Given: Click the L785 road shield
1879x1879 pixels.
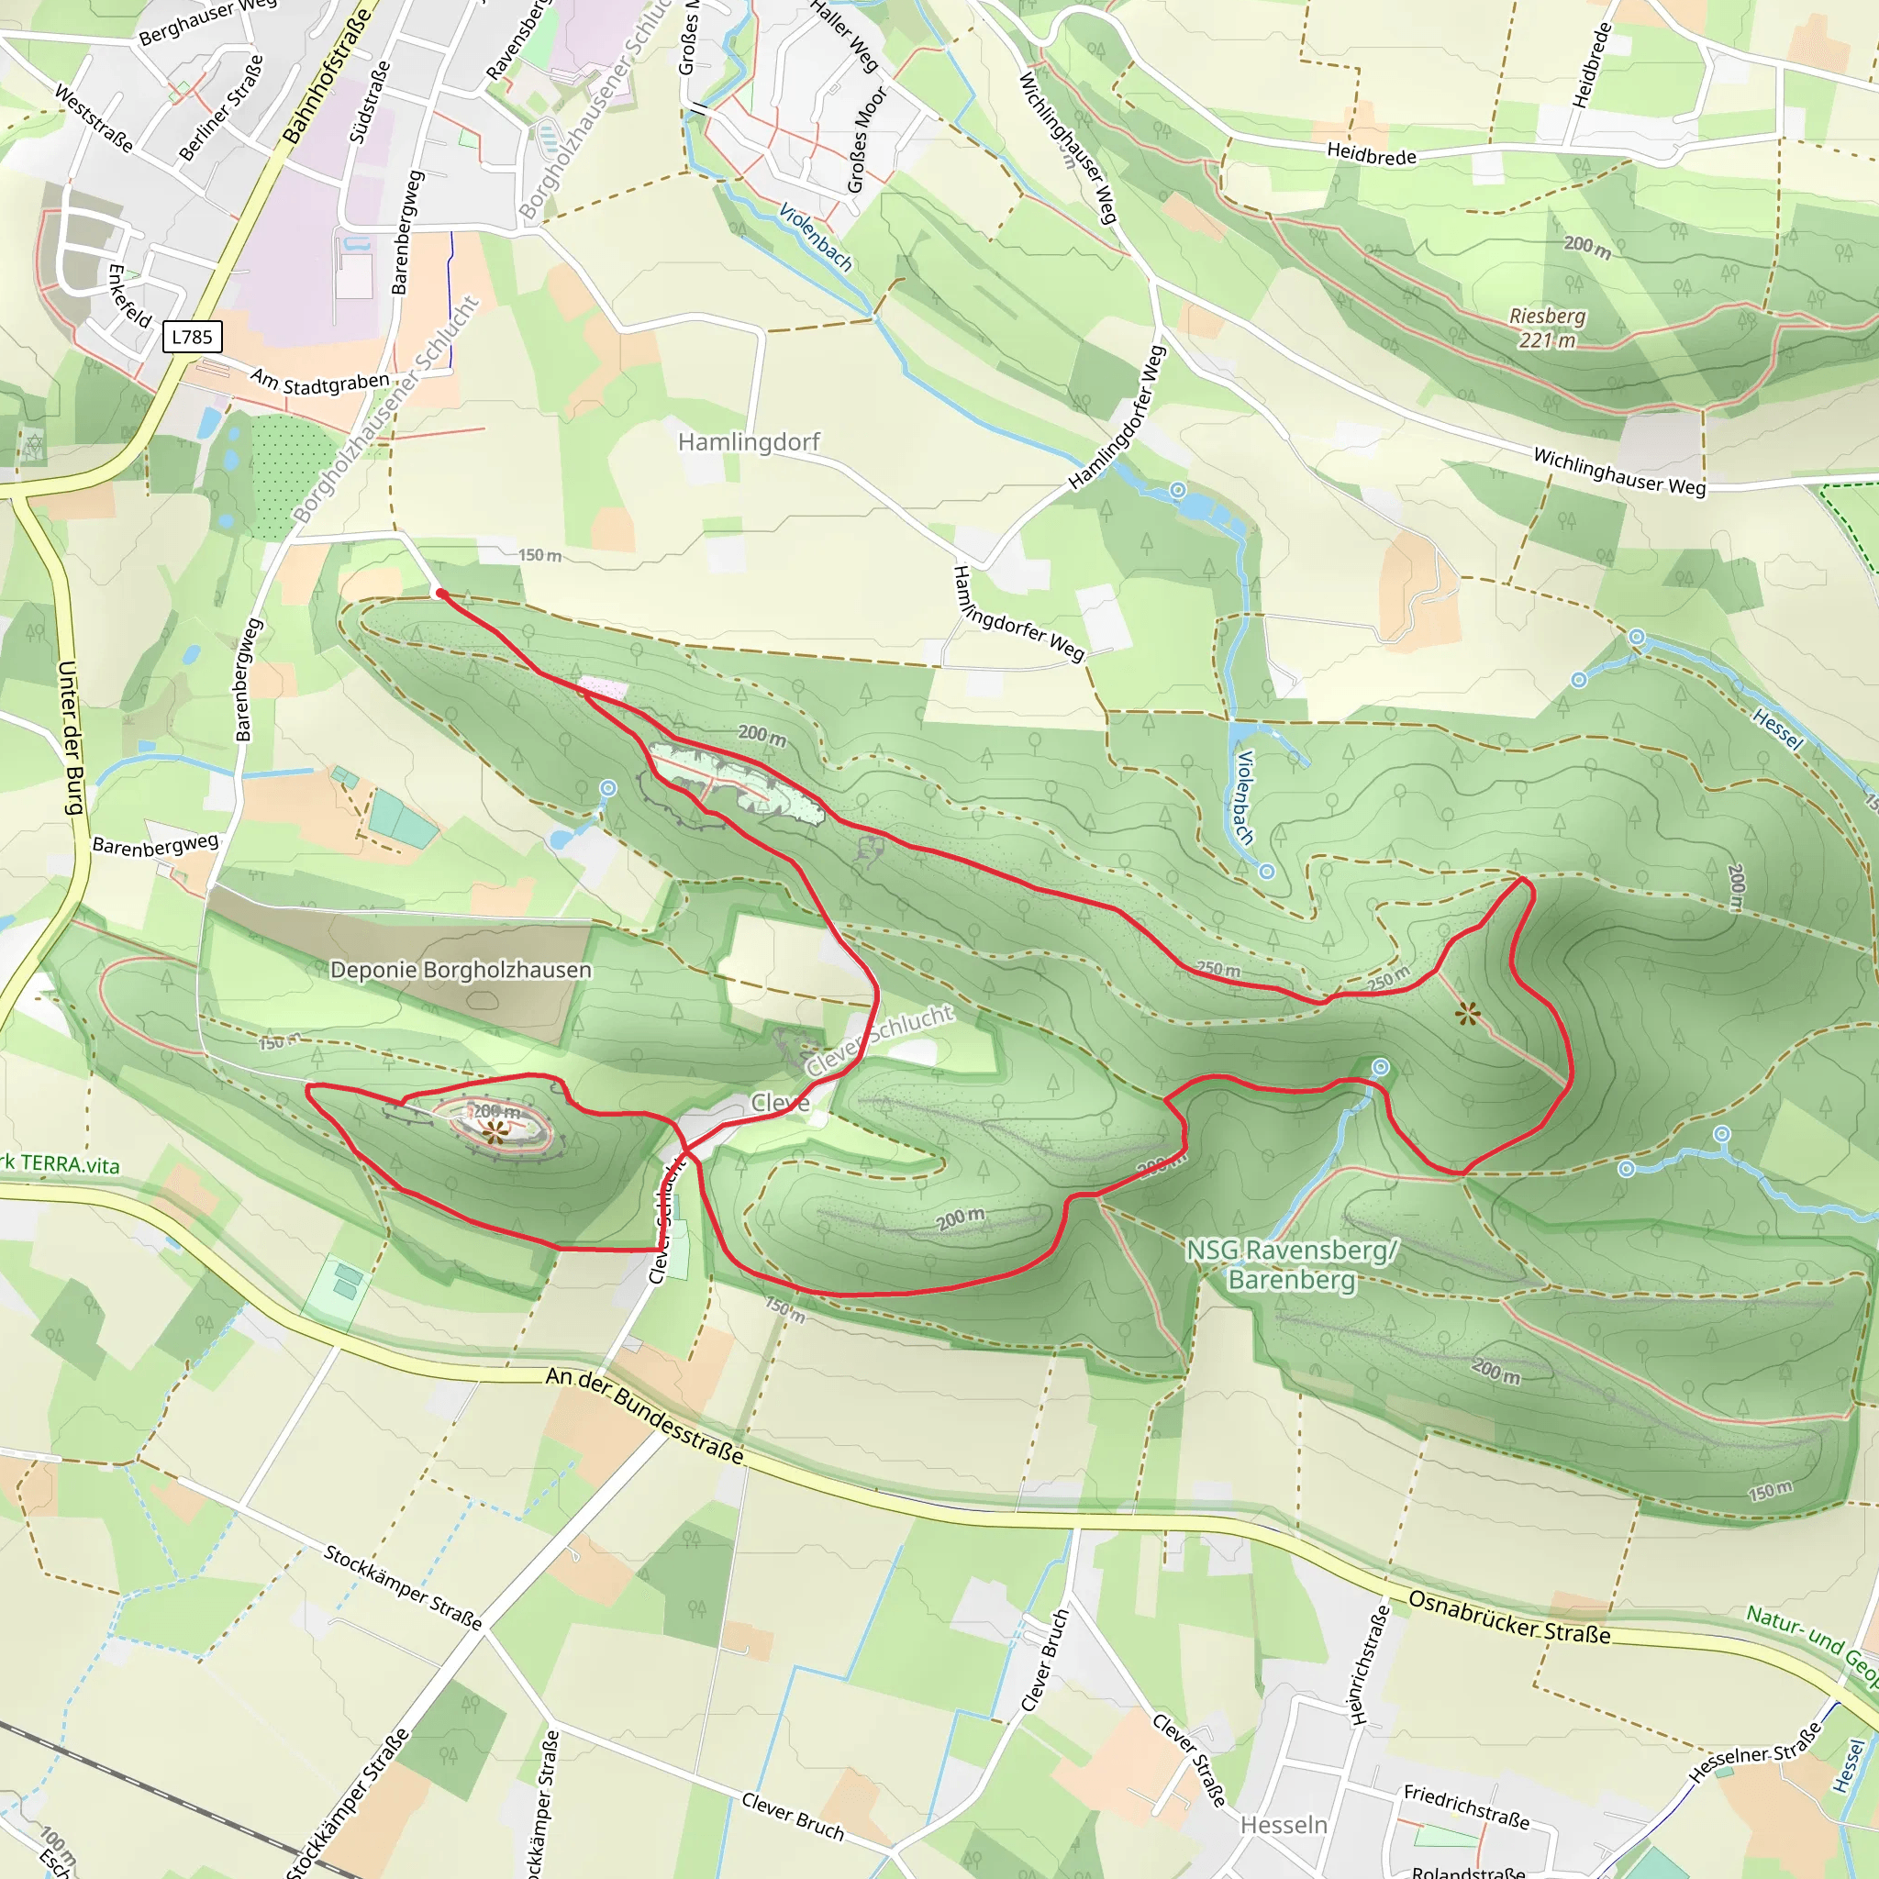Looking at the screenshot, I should [x=192, y=337].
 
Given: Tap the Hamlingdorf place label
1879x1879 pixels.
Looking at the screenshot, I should [x=748, y=442].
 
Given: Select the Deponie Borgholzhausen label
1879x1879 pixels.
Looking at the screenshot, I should [x=460, y=970].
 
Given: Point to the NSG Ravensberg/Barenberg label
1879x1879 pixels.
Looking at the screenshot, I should [x=1292, y=1263].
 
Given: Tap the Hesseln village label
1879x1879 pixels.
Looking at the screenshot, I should [x=1283, y=1825].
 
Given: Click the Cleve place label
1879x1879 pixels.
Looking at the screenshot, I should [x=780, y=1102].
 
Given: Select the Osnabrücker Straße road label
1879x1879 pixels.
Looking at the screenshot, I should [x=1508, y=1618].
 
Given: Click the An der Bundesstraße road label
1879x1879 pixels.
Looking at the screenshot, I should [x=645, y=1415].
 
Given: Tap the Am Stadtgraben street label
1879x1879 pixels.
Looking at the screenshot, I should [x=320, y=380].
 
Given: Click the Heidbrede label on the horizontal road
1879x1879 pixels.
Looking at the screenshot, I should [x=1372, y=153].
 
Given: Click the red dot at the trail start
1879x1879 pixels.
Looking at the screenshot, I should [x=440, y=593].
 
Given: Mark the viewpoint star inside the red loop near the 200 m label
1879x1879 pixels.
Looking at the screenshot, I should [x=495, y=1131].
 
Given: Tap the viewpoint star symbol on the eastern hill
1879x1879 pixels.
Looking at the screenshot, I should [x=1468, y=1016].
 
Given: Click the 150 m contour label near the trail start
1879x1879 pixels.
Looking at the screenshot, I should [x=539, y=555].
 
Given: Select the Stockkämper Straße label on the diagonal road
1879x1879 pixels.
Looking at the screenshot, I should [x=403, y=1586].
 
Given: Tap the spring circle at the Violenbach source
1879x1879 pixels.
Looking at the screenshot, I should [x=1266, y=872].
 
